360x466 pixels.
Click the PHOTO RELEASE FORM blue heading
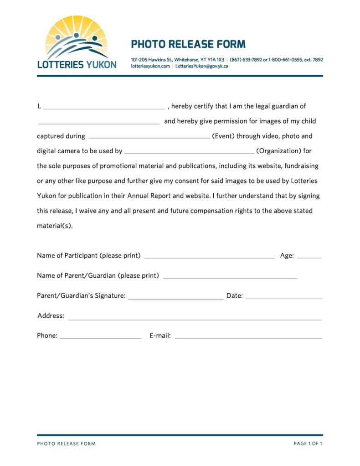coord(188,44)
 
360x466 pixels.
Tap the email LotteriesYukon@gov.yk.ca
coord(201,66)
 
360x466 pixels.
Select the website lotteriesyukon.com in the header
coord(150,66)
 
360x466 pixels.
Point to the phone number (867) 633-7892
coord(246,60)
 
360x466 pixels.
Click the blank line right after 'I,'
coord(104,109)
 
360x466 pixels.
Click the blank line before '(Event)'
coord(149,137)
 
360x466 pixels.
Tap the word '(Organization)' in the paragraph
coord(279,151)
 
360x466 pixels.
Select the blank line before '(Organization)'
coord(189,152)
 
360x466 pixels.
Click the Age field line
coord(309,257)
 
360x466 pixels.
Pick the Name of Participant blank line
coord(209,257)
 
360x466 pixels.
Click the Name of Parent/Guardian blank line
coord(230,277)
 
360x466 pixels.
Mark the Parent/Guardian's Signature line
coord(175,298)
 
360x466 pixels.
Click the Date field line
coord(284,298)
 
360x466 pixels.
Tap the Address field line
coord(195,318)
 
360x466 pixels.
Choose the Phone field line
coord(100,338)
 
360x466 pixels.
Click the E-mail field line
coord(248,338)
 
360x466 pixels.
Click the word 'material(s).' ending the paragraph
coord(55,226)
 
